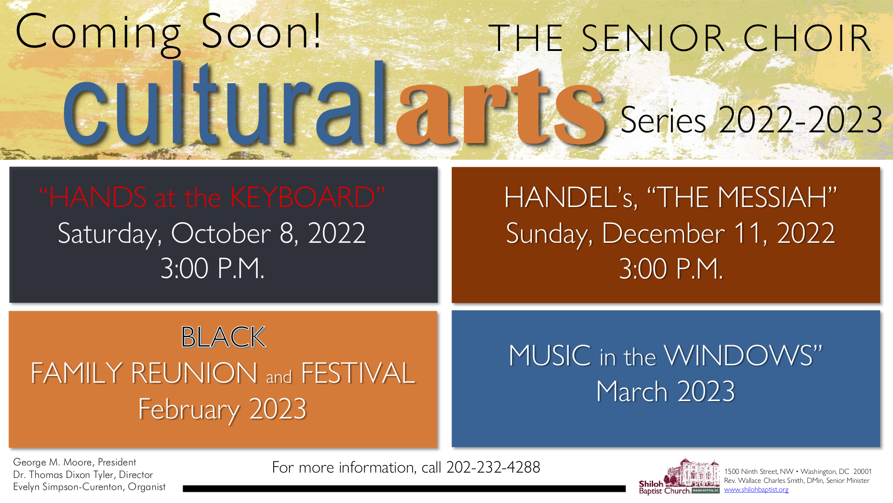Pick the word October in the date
pos(221,233)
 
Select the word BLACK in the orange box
pos(223,337)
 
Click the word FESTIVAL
pos(359,373)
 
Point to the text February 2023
pos(222,410)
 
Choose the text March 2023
pos(665,391)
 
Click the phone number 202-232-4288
pos(493,467)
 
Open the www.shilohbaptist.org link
pos(756,490)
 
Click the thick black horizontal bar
pos(404,489)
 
